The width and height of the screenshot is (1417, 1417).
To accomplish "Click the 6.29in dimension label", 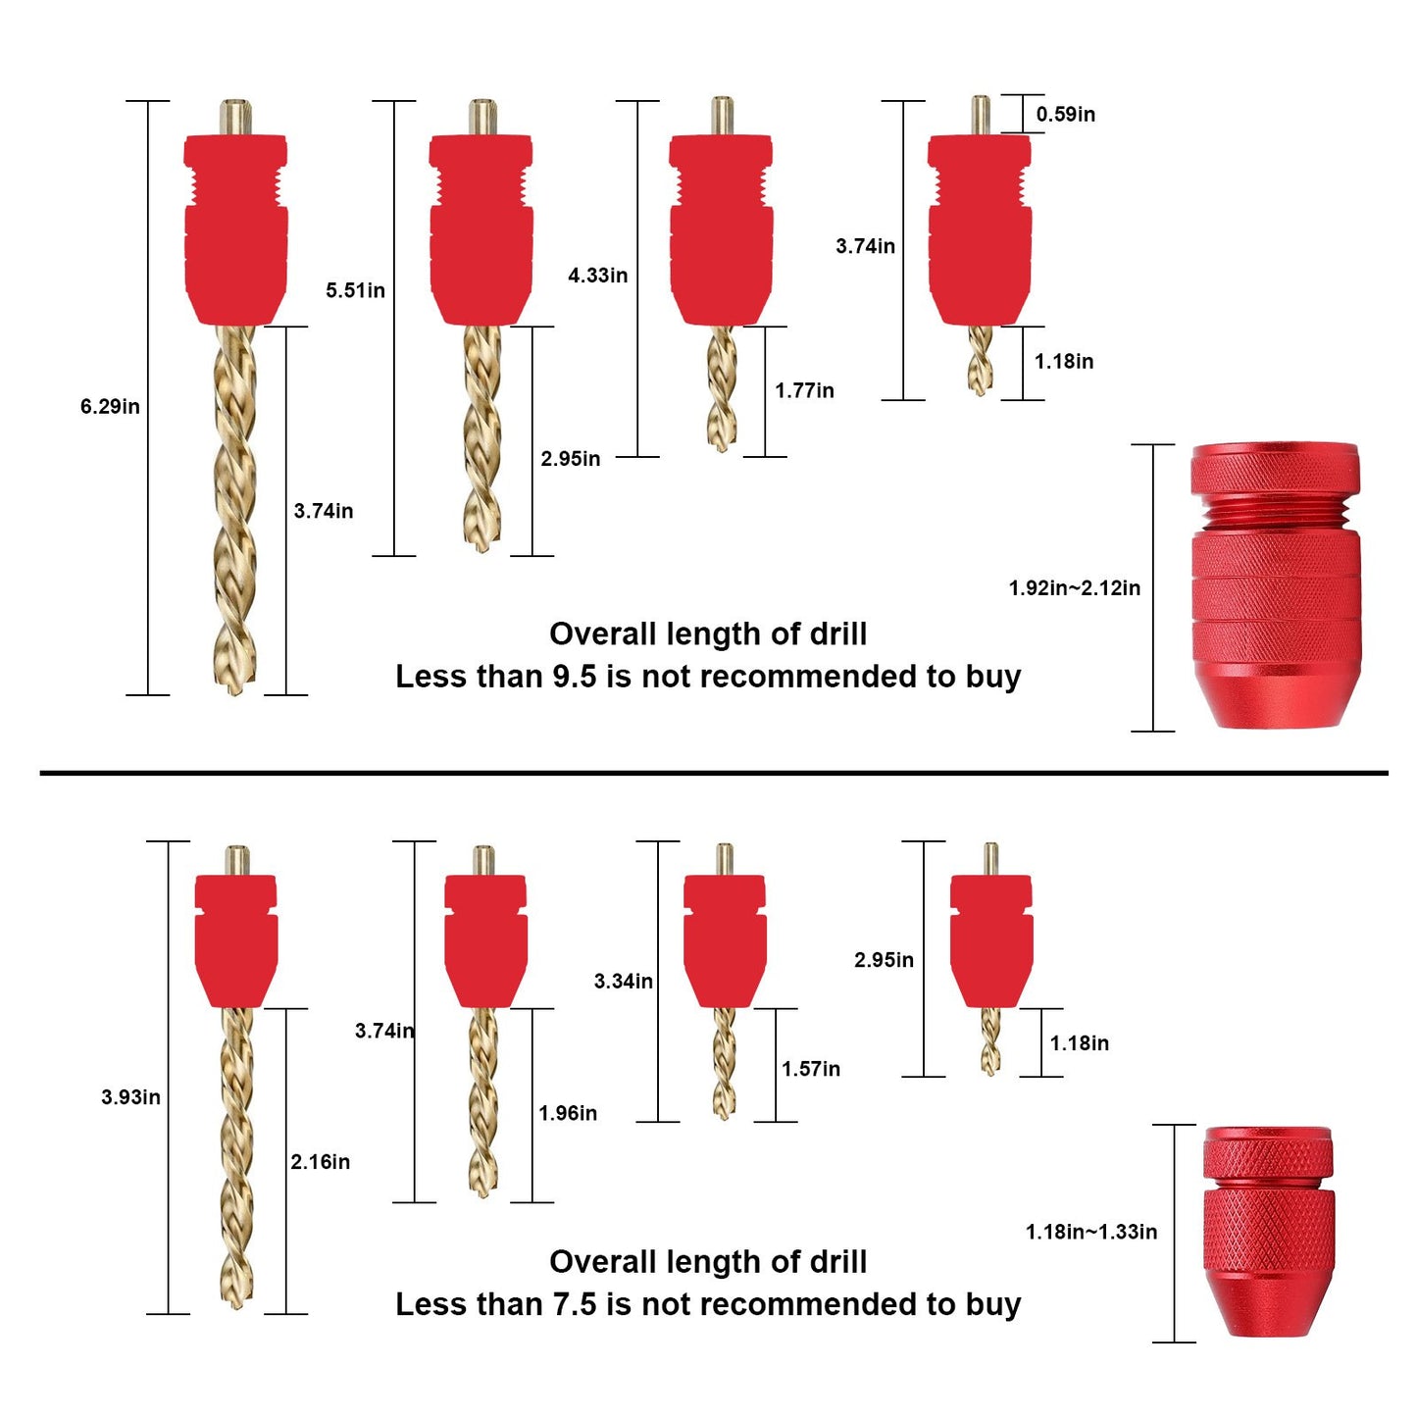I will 110,406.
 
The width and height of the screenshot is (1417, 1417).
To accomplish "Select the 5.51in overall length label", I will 355,290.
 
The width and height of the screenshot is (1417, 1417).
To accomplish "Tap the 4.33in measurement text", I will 597,276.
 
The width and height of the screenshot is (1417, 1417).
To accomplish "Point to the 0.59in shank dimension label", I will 1065,114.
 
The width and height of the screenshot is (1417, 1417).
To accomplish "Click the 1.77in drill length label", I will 804,390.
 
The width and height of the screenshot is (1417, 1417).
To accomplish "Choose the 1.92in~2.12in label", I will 1074,588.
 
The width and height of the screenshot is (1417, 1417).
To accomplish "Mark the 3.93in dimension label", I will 130,1097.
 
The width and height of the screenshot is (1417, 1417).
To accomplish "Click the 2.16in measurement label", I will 320,1162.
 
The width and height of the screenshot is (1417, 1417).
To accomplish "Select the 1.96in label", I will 567,1113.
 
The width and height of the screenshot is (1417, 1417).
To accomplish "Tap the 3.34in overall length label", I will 623,981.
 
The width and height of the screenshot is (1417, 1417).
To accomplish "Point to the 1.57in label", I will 810,1069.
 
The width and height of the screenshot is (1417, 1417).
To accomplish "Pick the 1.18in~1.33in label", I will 1090,1232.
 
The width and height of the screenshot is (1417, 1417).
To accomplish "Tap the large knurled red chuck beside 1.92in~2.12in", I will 1275,585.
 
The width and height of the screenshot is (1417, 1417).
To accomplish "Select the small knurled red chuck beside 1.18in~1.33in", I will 1268,1232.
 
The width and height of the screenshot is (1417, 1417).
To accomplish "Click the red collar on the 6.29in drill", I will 235,230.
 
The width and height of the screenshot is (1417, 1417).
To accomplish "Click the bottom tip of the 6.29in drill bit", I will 233,689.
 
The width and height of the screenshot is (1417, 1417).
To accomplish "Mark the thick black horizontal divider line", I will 714,773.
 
